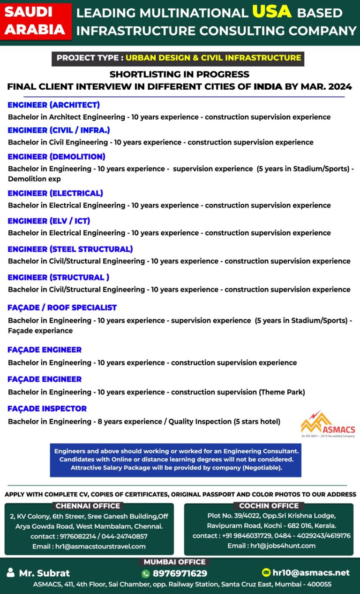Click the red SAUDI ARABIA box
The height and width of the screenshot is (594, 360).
pos(35,21)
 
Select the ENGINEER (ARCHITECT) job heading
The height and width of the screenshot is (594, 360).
pos(53,105)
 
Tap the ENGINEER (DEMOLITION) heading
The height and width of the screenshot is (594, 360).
pos(56,156)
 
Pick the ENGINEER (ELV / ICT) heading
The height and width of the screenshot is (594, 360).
pos(49,221)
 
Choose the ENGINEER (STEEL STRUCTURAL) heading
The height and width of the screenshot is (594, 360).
pos(70,249)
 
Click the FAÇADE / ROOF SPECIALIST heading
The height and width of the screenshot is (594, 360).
pos(62,308)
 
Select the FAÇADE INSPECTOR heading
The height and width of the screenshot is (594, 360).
pos(47,409)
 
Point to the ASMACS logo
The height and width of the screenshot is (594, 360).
pos(328,424)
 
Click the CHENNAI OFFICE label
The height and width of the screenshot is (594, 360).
pos(88,506)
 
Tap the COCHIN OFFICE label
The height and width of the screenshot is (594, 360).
pos(269,506)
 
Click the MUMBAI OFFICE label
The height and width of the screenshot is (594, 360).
pos(174,562)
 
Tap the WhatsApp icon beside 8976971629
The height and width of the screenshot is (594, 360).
pos(145,573)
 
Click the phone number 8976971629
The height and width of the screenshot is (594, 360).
pos(180,573)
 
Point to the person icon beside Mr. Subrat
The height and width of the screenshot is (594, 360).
pos(10,573)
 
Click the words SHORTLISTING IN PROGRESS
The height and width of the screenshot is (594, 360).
pos(180,74)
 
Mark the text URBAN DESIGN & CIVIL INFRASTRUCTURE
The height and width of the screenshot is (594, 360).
pos(213,58)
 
